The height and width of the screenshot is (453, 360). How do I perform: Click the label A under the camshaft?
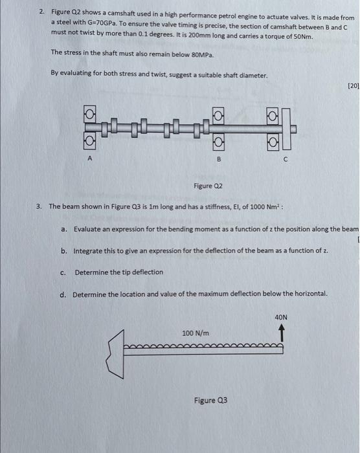click(90, 158)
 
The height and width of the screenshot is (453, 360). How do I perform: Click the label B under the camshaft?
click(219, 159)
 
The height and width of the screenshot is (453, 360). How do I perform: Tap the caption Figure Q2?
click(208, 186)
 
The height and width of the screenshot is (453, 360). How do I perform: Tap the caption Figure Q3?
click(210, 400)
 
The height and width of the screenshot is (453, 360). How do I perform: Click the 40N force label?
click(280, 318)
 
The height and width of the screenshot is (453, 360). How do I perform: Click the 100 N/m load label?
click(196, 333)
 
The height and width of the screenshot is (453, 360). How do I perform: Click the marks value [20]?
click(353, 85)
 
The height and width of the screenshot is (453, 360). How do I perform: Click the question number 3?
click(39, 206)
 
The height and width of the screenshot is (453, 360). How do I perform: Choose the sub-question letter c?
click(63, 272)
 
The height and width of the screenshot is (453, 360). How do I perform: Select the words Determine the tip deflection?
click(119, 272)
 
